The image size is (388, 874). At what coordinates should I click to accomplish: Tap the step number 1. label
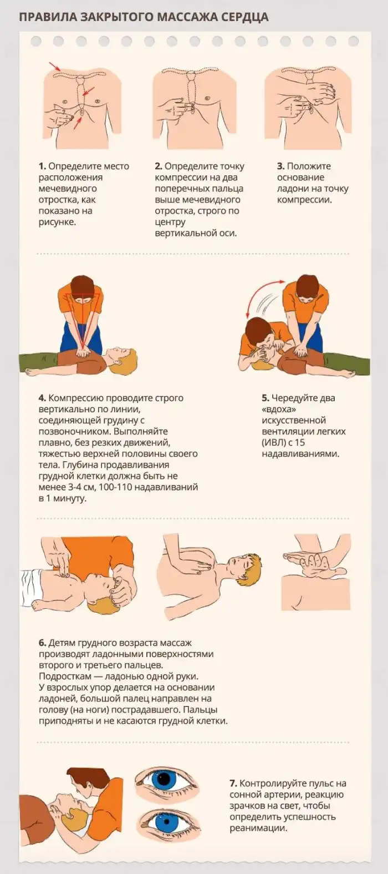[42, 166]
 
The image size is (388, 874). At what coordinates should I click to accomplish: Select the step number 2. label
[159, 166]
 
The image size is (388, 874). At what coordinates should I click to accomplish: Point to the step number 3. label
[280, 166]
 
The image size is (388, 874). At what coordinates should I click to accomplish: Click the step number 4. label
[42, 398]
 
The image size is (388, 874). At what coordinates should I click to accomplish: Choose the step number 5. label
[266, 398]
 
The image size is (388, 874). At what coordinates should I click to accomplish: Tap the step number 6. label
[42, 643]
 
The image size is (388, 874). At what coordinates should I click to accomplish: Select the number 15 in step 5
[299, 443]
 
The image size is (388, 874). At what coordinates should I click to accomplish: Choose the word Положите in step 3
[309, 166]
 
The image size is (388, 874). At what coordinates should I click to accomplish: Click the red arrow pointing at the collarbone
[54, 66]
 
